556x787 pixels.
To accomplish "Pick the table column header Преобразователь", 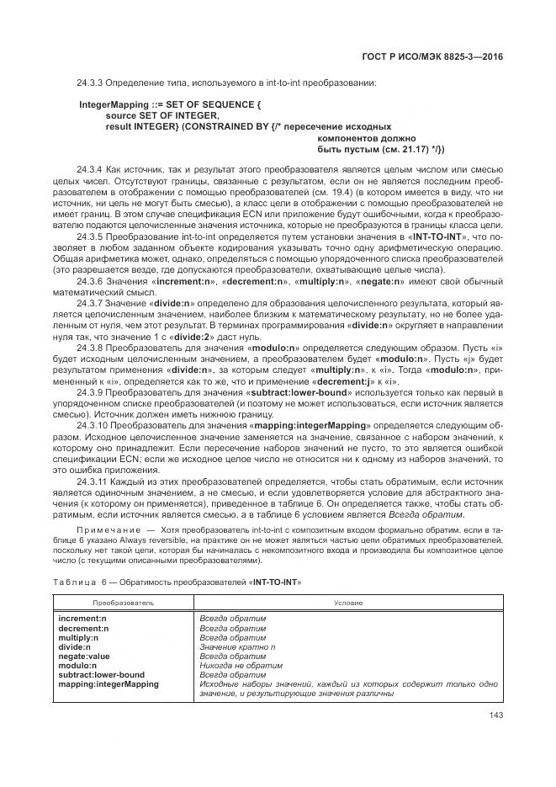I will [x=123, y=603].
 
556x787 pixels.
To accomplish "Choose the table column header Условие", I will [x=348, y=603].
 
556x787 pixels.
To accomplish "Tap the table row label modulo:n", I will [x=77, y=665].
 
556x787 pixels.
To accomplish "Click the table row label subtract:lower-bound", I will [x=101, y=674].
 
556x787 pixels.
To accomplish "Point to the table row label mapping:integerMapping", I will [x=108, y=683].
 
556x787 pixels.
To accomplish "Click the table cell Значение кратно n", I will [x=237, y=646].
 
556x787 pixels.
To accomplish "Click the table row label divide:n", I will [x=74, y=646].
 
